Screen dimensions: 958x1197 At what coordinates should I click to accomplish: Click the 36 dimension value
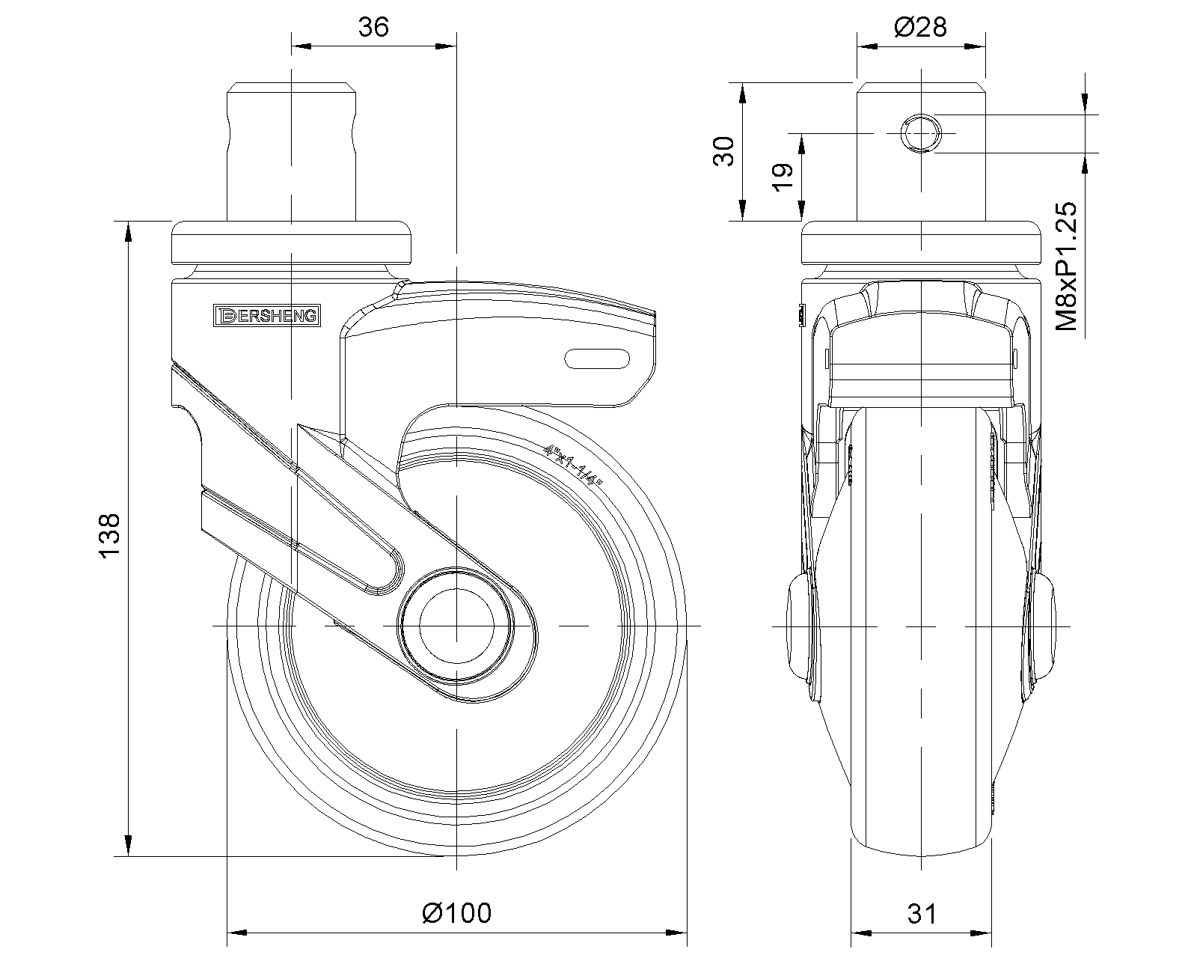[374, 28]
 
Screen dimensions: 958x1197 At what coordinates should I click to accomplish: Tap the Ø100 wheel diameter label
[457, 912]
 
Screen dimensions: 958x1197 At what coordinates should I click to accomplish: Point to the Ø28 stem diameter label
[920, 28]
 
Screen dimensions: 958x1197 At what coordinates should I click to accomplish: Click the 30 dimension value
[723, 151]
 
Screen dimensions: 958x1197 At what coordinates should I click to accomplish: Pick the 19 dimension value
[782, 177]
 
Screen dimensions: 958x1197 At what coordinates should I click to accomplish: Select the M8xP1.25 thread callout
[1066, 266]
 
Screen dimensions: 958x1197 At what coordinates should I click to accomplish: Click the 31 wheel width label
[921, 913]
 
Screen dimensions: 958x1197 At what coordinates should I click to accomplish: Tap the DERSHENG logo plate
[266, 316]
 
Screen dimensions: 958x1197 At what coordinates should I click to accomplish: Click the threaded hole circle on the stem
[919, 134]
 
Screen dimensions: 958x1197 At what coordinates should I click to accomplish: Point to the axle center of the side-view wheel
[455, 624]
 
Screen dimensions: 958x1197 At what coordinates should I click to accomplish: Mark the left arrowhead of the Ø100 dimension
[236, 933]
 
